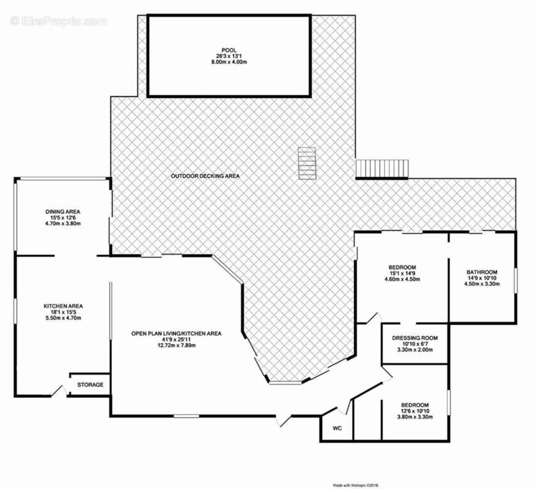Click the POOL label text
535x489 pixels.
229,51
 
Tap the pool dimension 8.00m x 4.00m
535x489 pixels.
229,62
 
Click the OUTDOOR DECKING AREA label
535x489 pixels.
205,176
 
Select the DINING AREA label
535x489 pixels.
63,211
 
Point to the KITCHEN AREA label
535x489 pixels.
63,306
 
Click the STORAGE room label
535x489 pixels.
90,384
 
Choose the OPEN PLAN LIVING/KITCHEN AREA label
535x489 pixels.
177,334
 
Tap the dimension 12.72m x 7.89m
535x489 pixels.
177,345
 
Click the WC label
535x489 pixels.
337,428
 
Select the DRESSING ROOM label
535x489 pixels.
415,338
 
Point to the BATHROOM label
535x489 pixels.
482,272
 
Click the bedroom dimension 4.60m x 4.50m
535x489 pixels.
402,279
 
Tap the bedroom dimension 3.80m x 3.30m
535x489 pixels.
415,417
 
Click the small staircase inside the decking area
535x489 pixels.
307,163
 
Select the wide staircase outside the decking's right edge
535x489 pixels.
382,169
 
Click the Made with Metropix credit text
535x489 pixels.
356,485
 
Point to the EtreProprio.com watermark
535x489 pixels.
58,21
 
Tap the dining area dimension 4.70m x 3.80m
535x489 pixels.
63,224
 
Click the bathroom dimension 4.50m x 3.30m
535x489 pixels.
482,284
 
